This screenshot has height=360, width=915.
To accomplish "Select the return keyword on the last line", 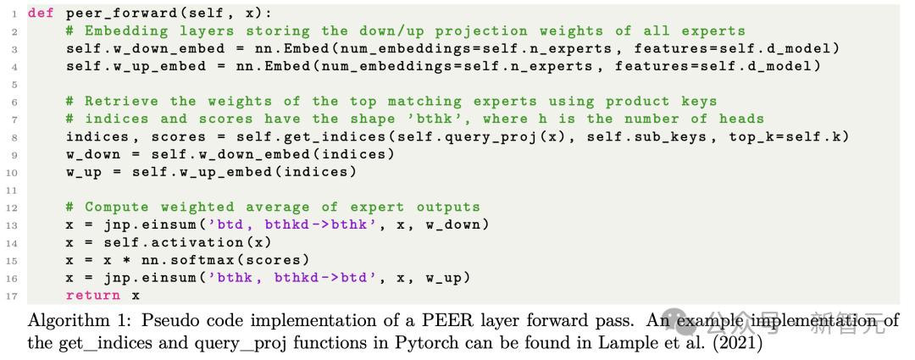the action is pyautogui.click(x=93, y=296).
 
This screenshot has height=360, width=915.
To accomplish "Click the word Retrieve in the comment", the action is pyautogui.click(x=121, y=102).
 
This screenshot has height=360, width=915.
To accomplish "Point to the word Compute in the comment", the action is pyautogui.click(x=117, y=208).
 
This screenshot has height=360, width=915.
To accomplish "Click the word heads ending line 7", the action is pyautogui.click(x=741, y=119).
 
